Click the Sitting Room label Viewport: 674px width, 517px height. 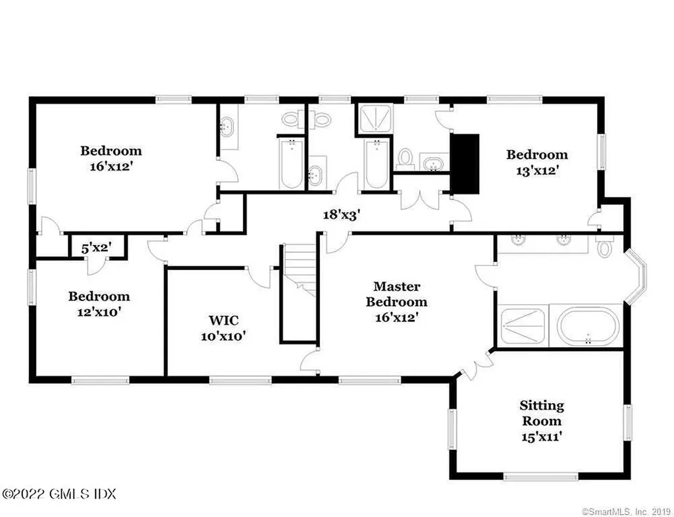click(541, 413)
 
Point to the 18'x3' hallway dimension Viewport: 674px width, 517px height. click(342, 214)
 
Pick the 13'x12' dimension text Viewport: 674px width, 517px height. click(536, 169)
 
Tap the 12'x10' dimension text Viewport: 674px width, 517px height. click(99, 311)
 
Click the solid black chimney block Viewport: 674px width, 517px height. click(465, 163)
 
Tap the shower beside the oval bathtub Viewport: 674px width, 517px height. click(523, 326)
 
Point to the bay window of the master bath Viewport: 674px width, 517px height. click(636, 277)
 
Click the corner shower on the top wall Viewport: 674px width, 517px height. click(373, 119)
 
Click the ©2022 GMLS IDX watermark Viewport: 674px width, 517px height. click(59, 493)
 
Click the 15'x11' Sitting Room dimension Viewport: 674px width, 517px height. click(541, 436)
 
